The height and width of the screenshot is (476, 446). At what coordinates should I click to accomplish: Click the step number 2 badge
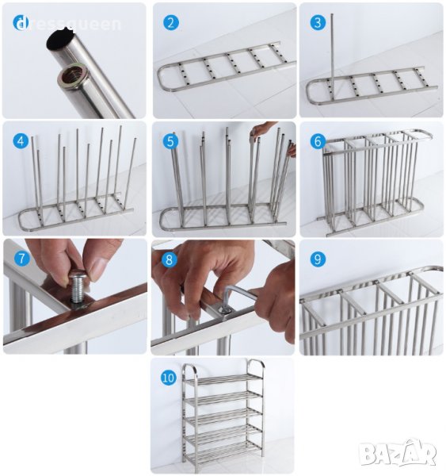click(x=170, y=23)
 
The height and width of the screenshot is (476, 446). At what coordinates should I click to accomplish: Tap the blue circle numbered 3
click(x=318, y=23)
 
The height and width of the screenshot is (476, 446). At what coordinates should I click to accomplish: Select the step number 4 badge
click(x=21, y=141)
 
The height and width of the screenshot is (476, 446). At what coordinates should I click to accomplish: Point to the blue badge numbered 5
click(x=170, y=141)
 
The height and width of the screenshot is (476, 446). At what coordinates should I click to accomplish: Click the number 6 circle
click(x=318, y=141)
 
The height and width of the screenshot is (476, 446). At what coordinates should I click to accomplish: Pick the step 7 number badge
click(x=22, y=259)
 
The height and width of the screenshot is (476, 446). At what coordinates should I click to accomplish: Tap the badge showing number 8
click(x=170, y=259)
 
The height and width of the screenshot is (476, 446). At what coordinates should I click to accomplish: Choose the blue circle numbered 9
click(x=318, y=259)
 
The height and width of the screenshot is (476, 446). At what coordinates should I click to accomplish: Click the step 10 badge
click(x=168, y=378)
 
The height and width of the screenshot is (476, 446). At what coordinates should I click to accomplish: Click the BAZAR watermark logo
click(x=398, y=453)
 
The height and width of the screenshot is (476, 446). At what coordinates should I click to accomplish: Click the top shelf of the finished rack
click(x=223, y=380)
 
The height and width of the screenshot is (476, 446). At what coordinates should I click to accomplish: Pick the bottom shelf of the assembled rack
click(x=223, y=450)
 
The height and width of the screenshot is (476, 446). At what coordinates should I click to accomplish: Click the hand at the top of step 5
click(x=261, y=129)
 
